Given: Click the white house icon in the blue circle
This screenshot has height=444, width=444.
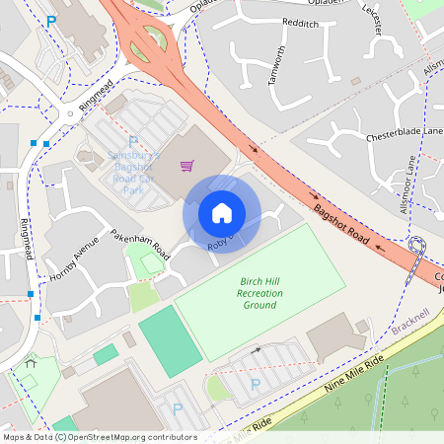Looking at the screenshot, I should coord(222,212).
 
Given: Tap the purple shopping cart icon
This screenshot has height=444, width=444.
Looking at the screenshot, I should coord(185,165).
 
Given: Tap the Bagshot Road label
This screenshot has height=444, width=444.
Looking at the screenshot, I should coord(341,226).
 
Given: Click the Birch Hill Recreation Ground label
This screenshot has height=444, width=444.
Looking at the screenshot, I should coord(260,293).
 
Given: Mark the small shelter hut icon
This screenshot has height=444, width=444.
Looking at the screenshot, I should coord(31,362).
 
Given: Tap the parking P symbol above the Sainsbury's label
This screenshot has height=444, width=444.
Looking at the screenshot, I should coord(133,142).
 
